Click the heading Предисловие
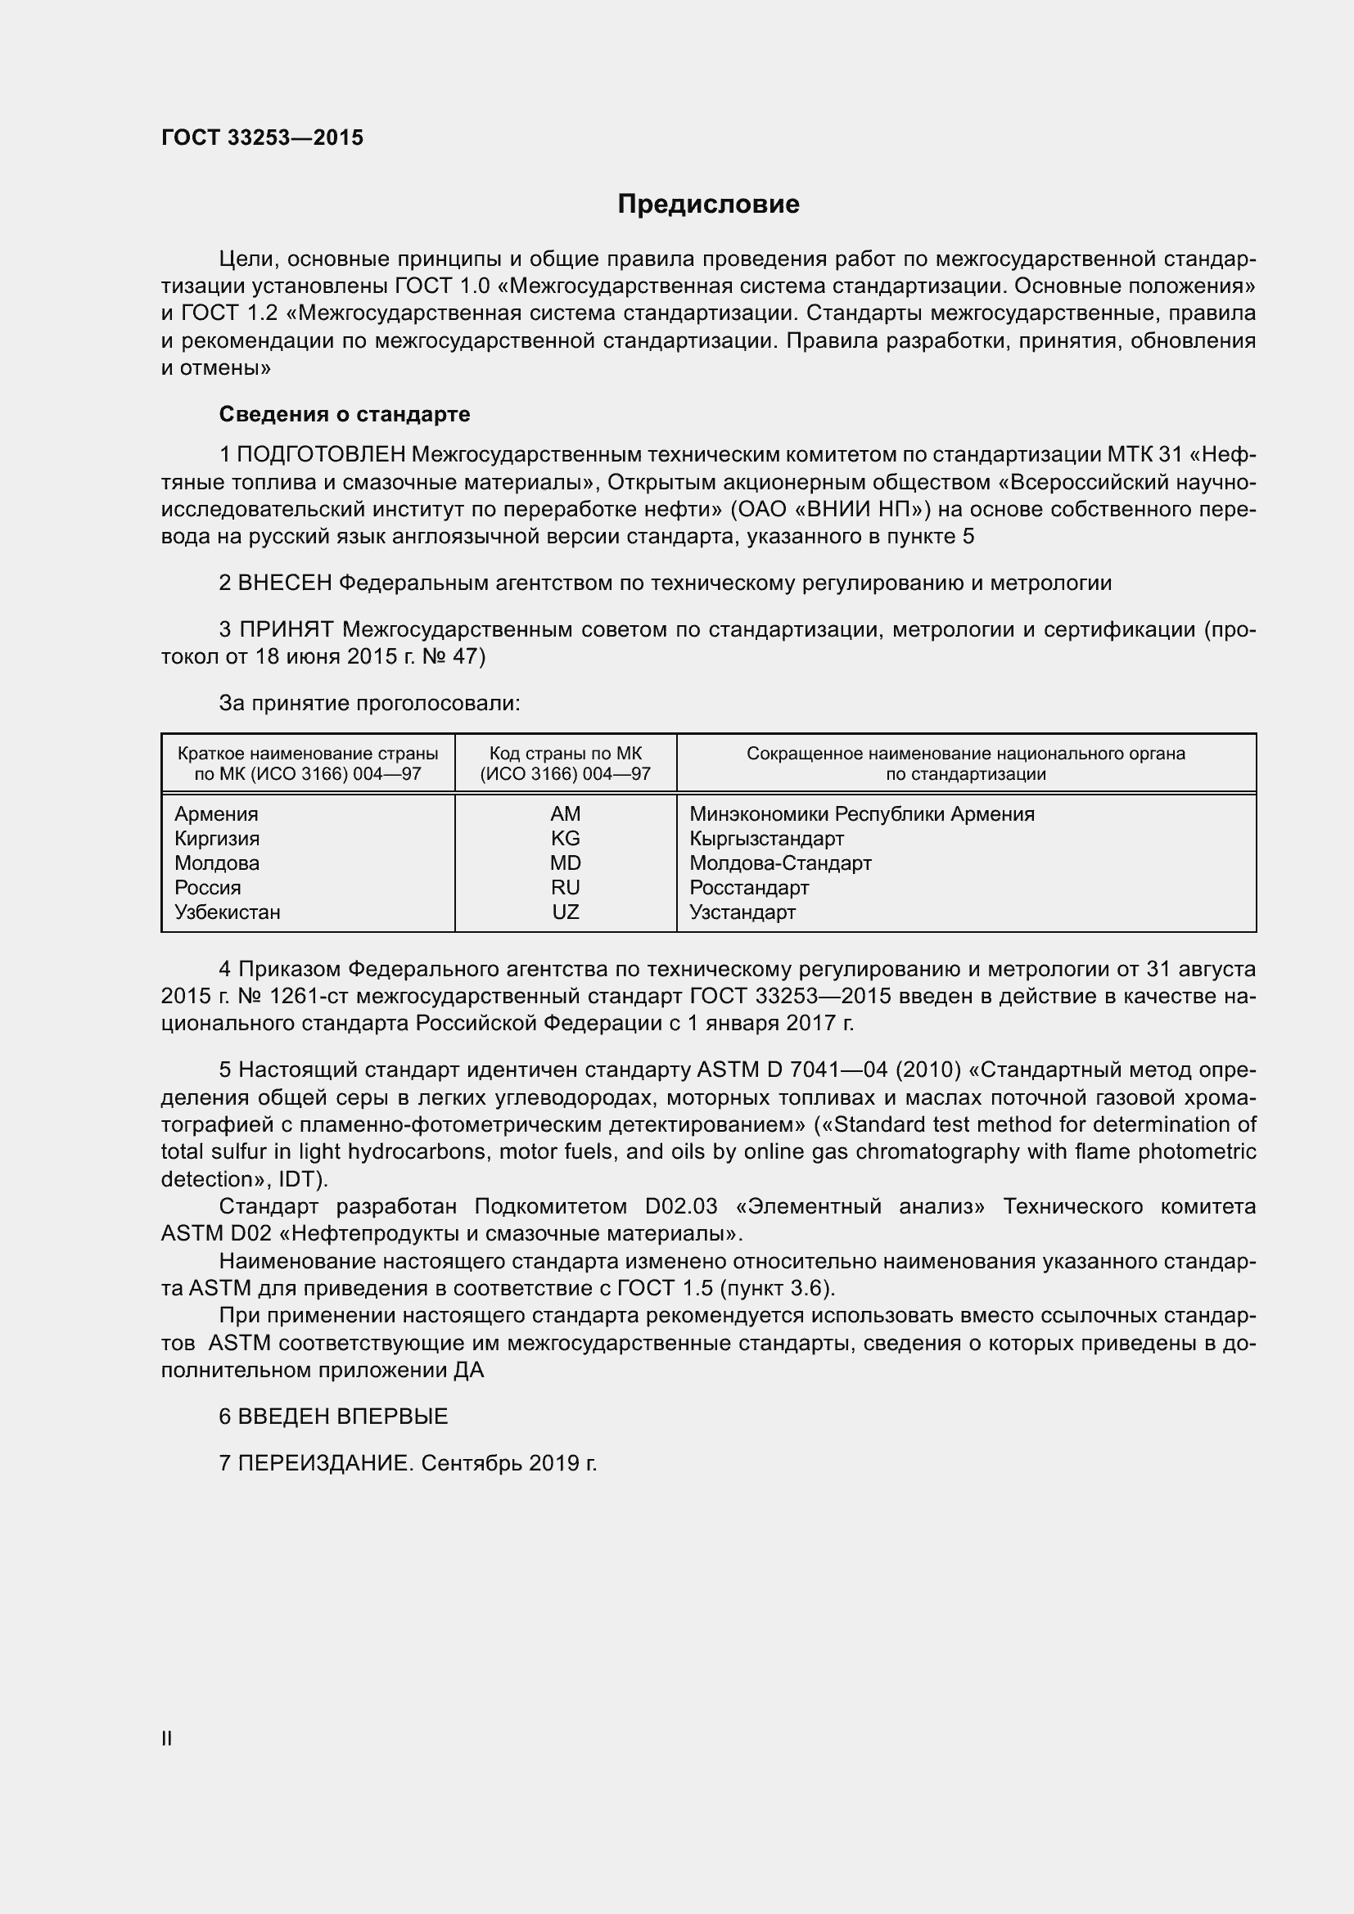coord(708,205)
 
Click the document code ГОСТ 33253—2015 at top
coord(263,137)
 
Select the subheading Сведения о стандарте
coord(345,414)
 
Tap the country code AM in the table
coord(566,813)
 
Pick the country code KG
coord(566,838)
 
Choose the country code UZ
coord(566,912)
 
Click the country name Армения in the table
coord(216,813)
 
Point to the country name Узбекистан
coord(227,912)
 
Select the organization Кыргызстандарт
coord(766,838)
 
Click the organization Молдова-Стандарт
coord(780,862)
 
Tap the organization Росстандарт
coord(749,887)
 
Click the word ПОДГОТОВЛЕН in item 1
coord(321,455)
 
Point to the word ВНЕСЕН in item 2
coord(285,583)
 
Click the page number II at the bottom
coord(167,1738)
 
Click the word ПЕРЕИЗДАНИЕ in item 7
coord(325,1463)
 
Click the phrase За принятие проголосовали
coord(369,704)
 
